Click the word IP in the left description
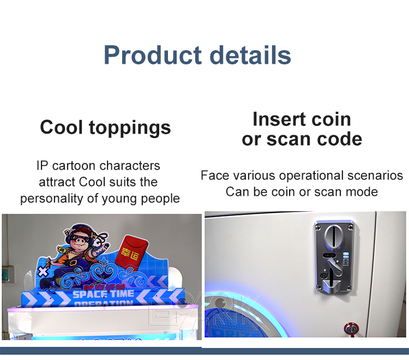point(43,165)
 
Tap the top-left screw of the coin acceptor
point(318,225)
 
